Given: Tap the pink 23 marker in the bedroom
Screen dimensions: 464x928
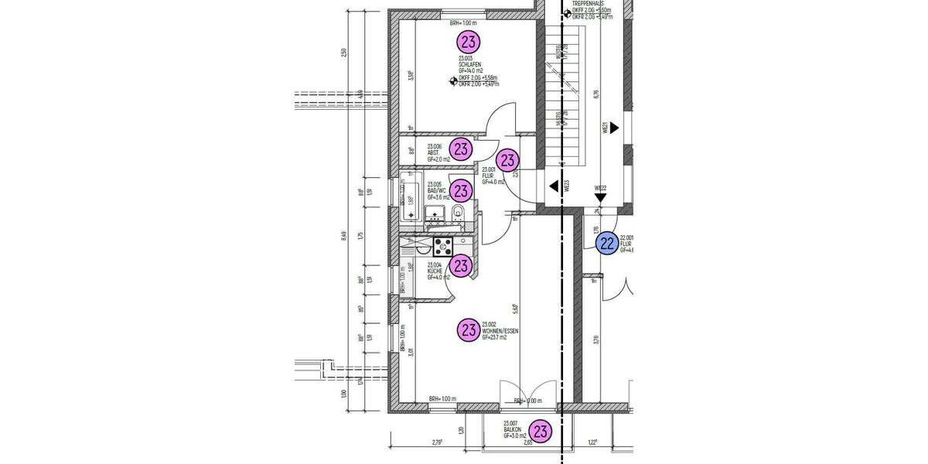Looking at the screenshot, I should click(469, 42).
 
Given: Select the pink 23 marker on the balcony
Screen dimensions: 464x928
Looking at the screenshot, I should click(541, 432).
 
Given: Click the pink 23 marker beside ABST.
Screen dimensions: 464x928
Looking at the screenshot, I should click(462, 148).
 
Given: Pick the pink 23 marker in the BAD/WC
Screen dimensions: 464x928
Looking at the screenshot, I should click(462, 190).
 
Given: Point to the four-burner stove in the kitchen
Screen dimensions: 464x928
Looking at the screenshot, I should click(443, 247).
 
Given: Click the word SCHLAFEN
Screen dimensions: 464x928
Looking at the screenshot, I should click(470, 64).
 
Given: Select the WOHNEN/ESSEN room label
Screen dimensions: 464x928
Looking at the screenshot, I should click(500, 331).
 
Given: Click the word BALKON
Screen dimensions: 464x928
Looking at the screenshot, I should click(512, 429).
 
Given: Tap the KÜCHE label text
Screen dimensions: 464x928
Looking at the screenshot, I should click(435, 271).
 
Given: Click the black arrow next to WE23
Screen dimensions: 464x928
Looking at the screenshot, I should click(554, 186).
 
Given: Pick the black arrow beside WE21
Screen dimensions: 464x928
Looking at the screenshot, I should click(614, 128).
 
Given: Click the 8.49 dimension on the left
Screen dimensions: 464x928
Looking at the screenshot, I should click(344, 236).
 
